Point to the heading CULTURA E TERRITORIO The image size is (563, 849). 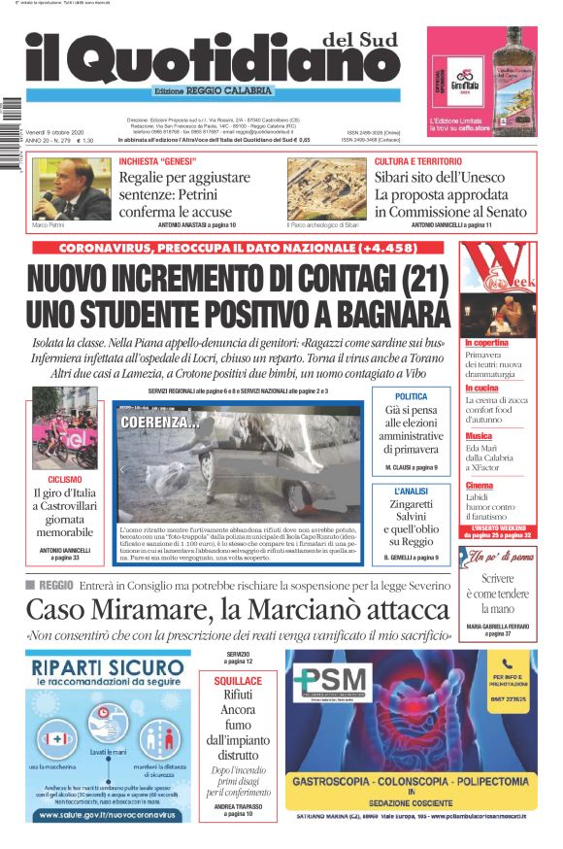click(x=418, y=161)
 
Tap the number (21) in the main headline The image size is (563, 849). click(x=409, y=279)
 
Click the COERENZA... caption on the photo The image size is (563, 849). click(x=159, y=423)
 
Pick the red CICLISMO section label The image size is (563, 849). click(x=64, y=480)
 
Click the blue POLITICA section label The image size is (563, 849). click(x=411, y=397)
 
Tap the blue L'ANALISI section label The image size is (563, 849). click(x=411, y=492)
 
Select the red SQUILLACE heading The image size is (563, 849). click(x=238, y=682)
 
